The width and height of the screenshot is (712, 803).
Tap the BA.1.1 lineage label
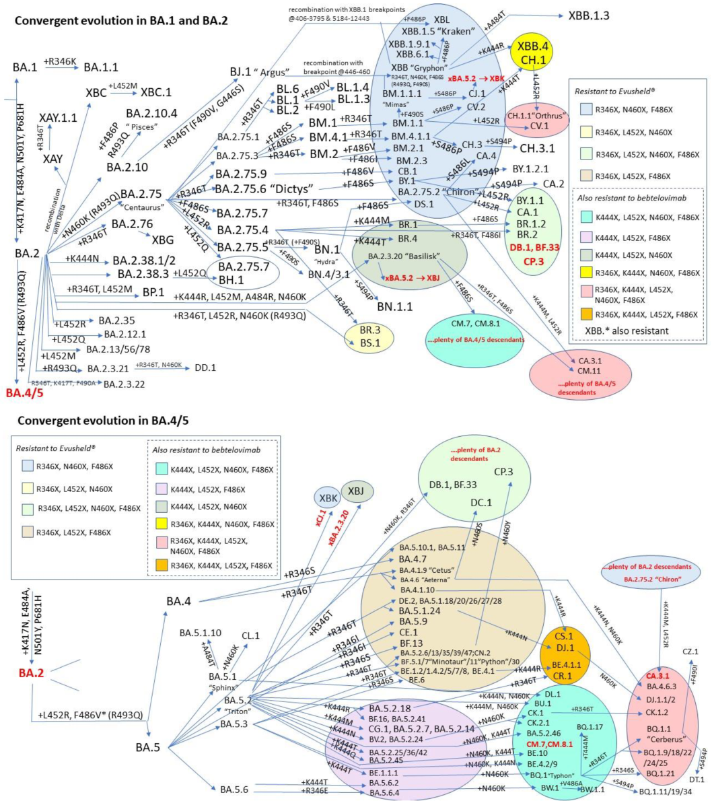point(104,67)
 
